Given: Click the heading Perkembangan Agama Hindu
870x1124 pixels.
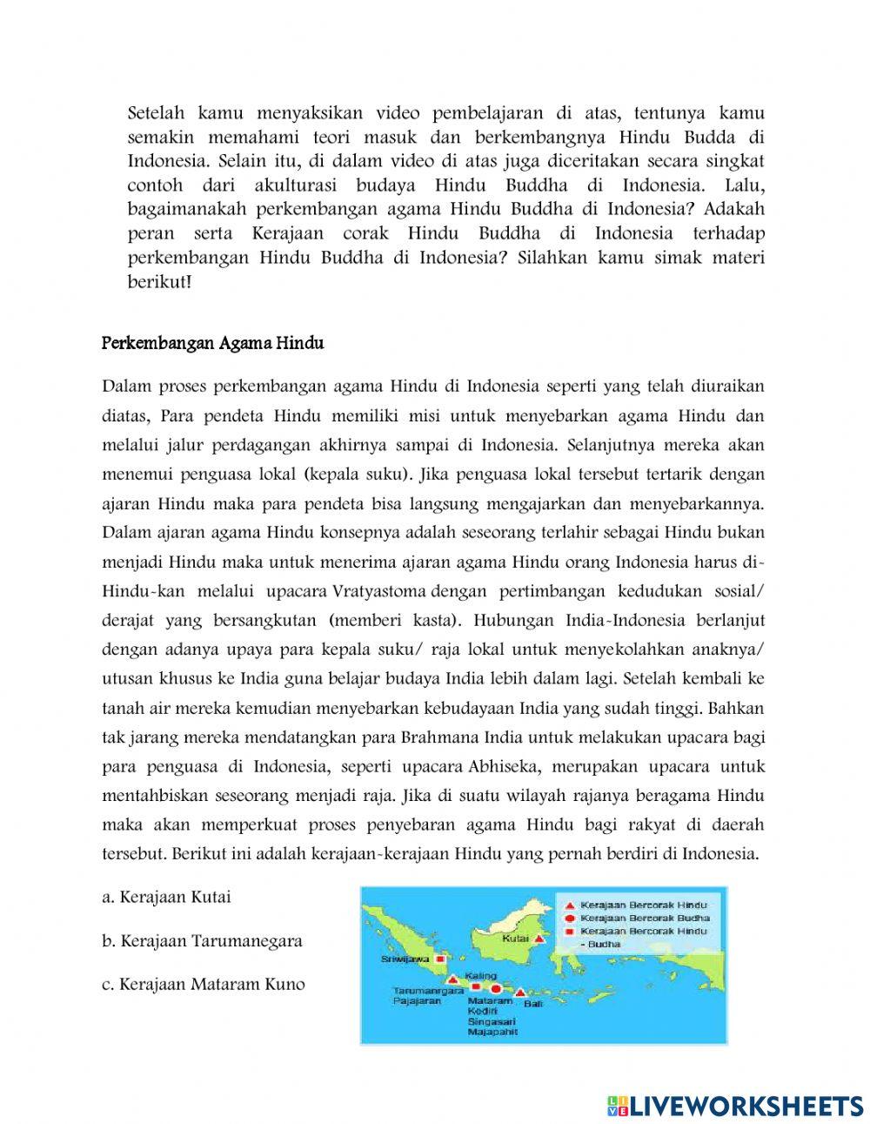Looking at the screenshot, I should (212, 344).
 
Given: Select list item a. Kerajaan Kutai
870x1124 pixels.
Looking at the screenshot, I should (166, 897).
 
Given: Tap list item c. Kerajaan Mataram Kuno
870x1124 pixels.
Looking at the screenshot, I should (203, 985).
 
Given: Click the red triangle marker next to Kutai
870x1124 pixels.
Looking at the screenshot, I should (539, 939).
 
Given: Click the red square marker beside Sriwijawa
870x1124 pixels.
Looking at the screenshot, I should (440, 959).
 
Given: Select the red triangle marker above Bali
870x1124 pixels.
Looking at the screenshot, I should (520, 992).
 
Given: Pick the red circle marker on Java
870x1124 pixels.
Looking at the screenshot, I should (496, 989).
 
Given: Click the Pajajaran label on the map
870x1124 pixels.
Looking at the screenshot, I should (417, 1001).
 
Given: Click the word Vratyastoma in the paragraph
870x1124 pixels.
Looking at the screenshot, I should (379, 592).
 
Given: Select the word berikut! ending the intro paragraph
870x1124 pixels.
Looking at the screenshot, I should (159, 283).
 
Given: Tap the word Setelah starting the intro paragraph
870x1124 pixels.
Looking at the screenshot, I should (155, 112).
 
